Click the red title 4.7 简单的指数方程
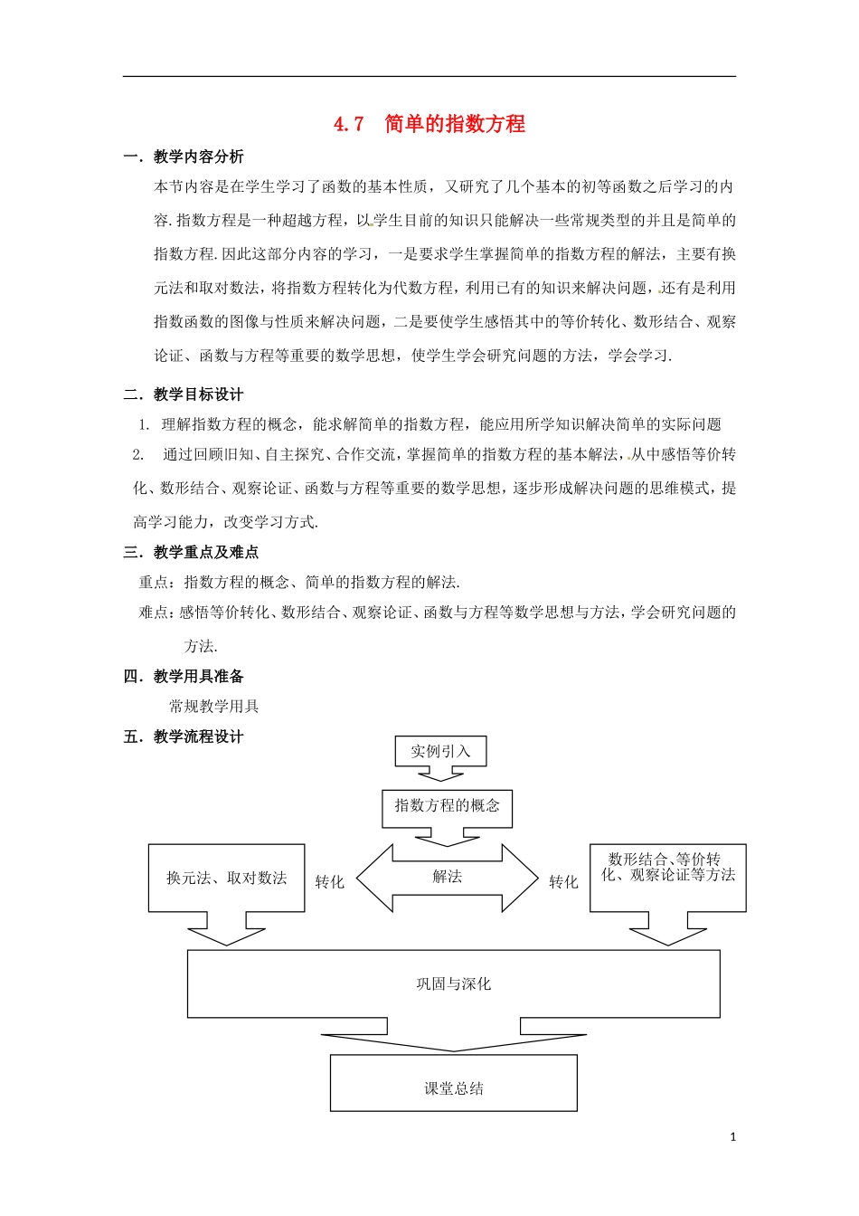click(429, 124)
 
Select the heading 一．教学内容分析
click(184, 157)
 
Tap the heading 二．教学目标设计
click(184, 394)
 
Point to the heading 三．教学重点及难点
click(191, 552)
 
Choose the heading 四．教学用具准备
click(184, 676)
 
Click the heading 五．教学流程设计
click(184, 736)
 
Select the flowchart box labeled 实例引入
click(440, 751)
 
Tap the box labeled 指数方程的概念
click(447, 805)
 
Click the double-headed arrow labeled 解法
click(448, 877)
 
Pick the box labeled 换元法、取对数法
click(226, 878)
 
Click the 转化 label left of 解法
click(329, 882)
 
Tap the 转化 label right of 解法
click(563, 882)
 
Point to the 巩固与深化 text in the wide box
click(453, 983)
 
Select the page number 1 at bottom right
click(733, 1137)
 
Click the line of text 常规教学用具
click(214, 706)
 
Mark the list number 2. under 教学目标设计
click(138, 454)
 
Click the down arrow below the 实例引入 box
click(440, 773)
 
